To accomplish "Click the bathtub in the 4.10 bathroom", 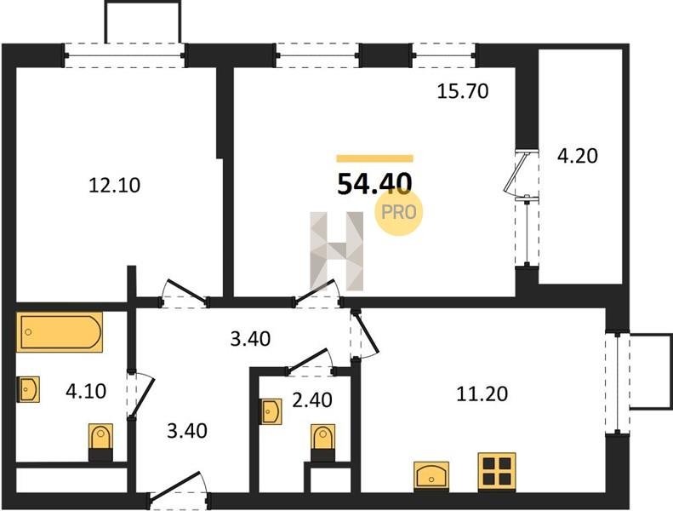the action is [x=60, y=332].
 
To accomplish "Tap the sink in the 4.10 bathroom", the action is [x=28, y=389].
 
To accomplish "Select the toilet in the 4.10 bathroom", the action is [x=101, y=442].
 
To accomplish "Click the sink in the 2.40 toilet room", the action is [x=271, y=411].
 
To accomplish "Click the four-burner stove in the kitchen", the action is [x=497, y=472].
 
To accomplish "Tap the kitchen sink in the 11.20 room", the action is [x=431, y=476].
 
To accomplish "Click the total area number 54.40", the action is [x=374, y=183].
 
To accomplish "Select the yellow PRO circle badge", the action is [x=399, y=212].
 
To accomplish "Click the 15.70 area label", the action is [x=463, y=91].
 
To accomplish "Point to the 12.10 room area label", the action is [x=114, y=186].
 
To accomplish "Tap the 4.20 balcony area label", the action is [x=578, y=156].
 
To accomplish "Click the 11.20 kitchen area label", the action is [x=482, y=393].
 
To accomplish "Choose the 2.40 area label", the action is [x=312, y=400].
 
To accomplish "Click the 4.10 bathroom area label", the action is [x=86, y=392].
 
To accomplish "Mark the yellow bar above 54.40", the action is [x=374, y=158].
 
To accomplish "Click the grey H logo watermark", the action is [x=337, y=251].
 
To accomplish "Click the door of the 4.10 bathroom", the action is [x=140, y=393].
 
